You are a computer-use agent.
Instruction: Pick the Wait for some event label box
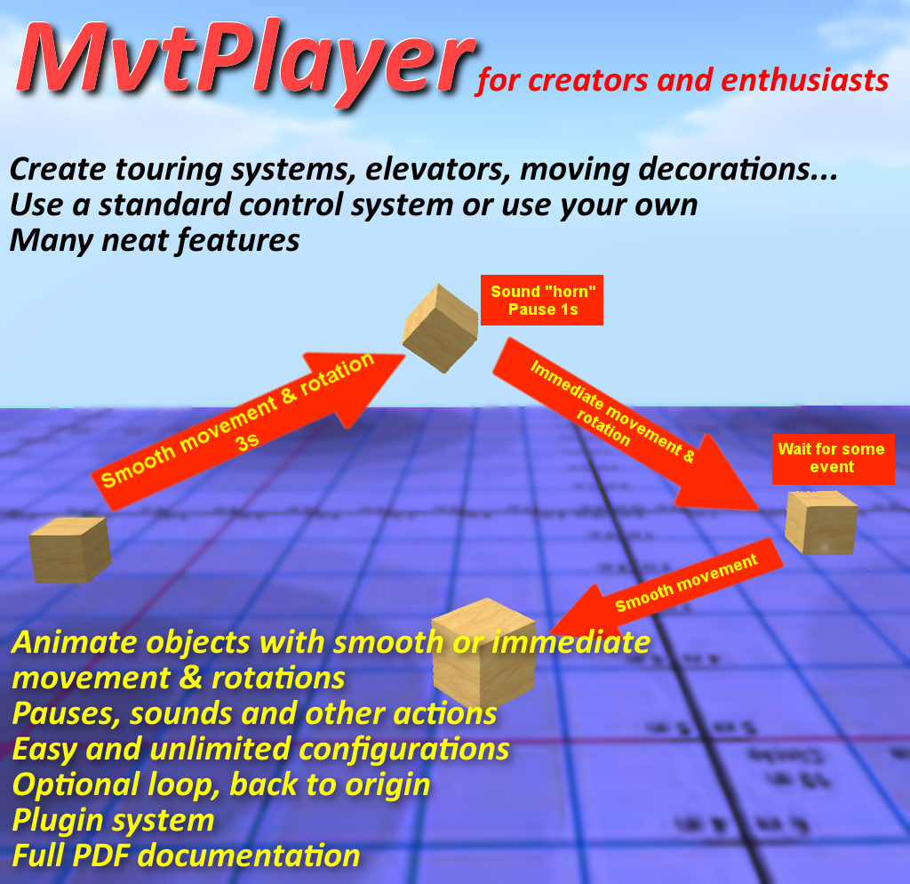(x=832, y=458)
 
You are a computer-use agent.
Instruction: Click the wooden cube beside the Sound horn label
(x=441, y=326)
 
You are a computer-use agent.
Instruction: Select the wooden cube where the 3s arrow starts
(x=69, y=550)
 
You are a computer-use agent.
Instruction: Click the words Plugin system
(x=113, y=820)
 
